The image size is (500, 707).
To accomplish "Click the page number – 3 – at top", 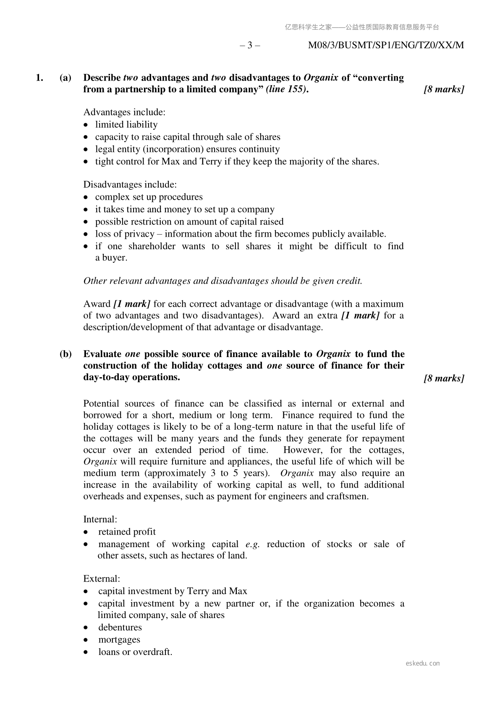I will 250,45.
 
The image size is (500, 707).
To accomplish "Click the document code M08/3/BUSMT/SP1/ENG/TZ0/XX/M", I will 386,45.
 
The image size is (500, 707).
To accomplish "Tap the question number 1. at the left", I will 39,78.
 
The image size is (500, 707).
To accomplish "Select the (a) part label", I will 65,78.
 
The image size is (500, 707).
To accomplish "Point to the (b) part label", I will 65,354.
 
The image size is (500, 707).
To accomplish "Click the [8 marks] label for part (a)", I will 444,89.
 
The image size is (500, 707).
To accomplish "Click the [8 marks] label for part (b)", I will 444,378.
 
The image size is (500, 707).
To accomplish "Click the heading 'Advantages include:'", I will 124,112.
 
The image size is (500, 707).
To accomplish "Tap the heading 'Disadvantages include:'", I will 130,185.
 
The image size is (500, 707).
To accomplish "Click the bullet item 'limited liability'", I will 126,125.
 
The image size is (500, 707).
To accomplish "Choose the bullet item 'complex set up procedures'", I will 149,197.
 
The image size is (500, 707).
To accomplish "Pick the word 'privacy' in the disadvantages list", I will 139,234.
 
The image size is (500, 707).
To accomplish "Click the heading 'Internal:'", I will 100,519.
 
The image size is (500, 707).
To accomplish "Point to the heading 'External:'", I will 102,579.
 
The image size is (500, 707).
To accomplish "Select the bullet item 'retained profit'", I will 127,532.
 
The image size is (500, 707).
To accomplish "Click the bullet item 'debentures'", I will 120,627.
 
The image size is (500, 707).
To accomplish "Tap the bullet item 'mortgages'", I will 119,639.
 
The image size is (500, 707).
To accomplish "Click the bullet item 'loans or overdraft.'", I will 135,652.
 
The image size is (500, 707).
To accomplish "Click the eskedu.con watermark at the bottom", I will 423,663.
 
